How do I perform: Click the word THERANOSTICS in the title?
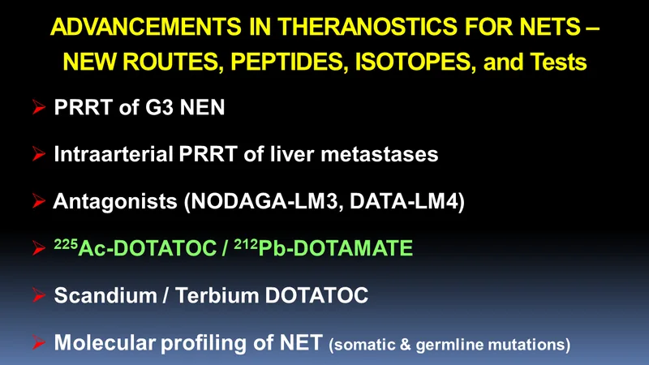(x=367, y=27)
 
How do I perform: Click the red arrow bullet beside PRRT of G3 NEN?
(x=39, y=107)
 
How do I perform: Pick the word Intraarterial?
(x=114, y=154)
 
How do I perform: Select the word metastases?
(x=380, y=155)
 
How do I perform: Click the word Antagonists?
(x=115, y=202)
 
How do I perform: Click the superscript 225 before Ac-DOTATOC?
(x=66, y=244)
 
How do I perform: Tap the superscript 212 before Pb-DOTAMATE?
(x=246, y=244)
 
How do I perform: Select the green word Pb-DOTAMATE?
(x=335, y=248)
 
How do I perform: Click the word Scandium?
(x=105, y=295)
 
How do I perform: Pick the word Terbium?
(x=217, y=295)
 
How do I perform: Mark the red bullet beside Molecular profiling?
(x=39, y=342)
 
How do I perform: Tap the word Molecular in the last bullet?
(x=105, y=342)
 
